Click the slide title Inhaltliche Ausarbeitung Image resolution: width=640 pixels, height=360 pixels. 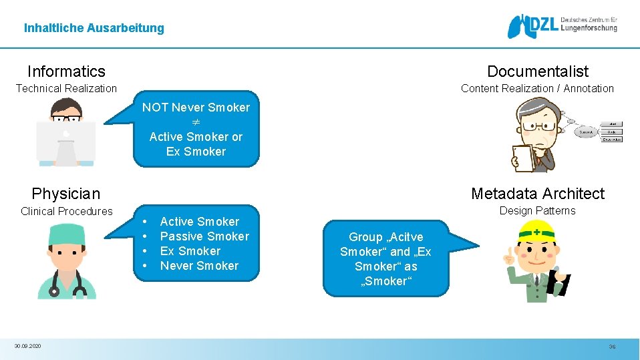pyautogui.click(x=94, y=28)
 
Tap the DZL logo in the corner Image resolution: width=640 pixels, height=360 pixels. pyautogui.click(x=562, y=25)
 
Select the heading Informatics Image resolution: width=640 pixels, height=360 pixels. pyautogui.click(x=66, y=71)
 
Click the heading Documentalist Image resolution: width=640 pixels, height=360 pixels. pyautogui.click(x=538, y=71)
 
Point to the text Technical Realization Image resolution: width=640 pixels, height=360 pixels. pyautogui.click(x=66, y=88)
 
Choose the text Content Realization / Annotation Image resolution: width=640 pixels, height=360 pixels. pyautogui.click(x=537, y=88)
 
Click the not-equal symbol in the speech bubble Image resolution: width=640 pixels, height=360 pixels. pyautogui.click(x=196, y=122)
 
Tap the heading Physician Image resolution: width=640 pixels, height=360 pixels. pyautogui.click(x=65, y=194)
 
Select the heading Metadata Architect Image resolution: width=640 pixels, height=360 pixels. pyautogui.click(x=537, y=194)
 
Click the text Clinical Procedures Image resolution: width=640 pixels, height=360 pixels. pyautogui.click(x=66, y=211)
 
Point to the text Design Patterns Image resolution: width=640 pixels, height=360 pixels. pyautogui.click(x=537, y=210)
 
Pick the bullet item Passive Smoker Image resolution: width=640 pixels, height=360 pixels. pyautogui.click(x=204, y=236)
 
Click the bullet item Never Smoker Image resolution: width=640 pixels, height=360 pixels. pyautogui.click(x=199, y=266)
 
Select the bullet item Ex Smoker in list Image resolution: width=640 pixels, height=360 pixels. pyautogui.click(x=190, y=251)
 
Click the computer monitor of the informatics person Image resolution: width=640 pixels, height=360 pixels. pyautogui.click(x=65, y=142)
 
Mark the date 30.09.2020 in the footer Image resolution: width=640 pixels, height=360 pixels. pyautogui.click(x=27, y=346)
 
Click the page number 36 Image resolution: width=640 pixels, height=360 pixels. pyautogui.click(x=612, y=347)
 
